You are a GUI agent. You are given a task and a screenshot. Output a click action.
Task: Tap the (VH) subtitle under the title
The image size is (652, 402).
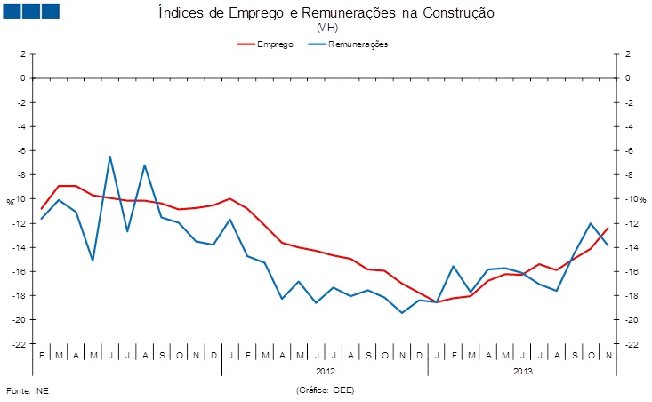326,28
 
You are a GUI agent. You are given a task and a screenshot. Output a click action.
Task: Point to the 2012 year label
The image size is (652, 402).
326,371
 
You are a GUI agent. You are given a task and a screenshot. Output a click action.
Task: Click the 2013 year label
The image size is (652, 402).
524,371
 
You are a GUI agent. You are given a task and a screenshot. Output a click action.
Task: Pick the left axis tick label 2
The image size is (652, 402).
21,53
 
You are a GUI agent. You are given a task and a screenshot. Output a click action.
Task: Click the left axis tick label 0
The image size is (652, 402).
21,77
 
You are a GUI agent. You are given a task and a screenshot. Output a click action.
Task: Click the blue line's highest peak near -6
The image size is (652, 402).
110,157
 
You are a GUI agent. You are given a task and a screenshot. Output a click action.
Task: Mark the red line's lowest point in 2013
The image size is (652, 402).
437,302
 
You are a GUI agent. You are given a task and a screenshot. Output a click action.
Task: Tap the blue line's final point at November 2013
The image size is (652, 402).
608,245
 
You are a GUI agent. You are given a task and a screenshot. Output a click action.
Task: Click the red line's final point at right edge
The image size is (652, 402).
608,228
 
